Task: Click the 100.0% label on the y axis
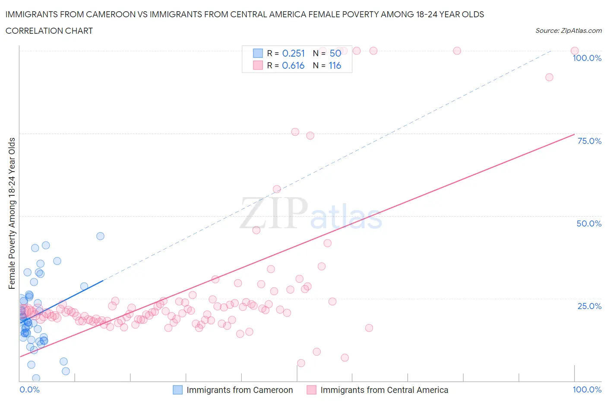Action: point(587,58)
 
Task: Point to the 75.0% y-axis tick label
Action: point(589,141)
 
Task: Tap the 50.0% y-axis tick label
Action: point(589,223)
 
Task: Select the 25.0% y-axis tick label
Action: point(589,306)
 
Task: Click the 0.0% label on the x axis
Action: point(29,389)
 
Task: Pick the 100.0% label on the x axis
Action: point(587,389)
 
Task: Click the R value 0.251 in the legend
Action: point(293,53)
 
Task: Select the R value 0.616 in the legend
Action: point(293,65)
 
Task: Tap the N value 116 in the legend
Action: point(335,65)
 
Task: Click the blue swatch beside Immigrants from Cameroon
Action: point(177,390)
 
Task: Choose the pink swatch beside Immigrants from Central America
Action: point(311,390)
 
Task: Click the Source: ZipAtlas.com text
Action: point(568,31)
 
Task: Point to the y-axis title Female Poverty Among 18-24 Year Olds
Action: point(12,213)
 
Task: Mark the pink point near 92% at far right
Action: point(549,77)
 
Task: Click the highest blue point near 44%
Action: point(100,236)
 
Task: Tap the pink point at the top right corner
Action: point(575,51)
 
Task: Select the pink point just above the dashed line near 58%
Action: point(277,189)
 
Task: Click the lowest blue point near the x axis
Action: point(36,378)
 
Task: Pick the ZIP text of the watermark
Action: point(274,214)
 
